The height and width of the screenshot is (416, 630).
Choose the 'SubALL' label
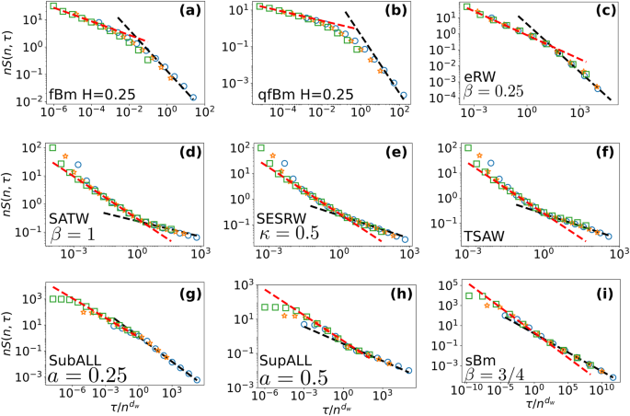[77, 353]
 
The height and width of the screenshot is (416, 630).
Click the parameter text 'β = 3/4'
[495, 372]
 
